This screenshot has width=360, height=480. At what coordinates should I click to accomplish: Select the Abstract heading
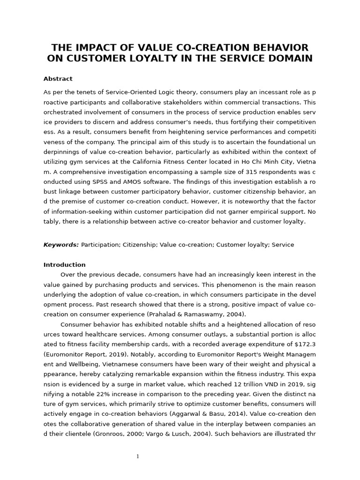(58, 79)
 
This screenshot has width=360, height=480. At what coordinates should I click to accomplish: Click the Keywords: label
(61, 245)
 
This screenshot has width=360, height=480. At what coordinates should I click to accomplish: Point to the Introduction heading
(64, 265)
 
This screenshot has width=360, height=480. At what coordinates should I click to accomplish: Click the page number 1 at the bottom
(137, 457)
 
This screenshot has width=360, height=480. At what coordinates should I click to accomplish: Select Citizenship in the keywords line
(140, 245)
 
